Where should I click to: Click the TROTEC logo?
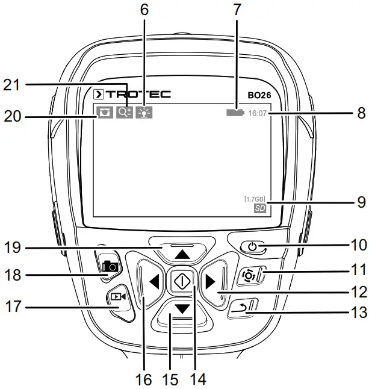pyautogui.click(x=132, y=95)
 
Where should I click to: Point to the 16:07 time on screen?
pyautogui.click(x=258, y=113)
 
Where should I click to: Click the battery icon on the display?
pyautogui.click(x=235, y=113)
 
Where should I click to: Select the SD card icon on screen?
pyautogui.click(x=259, y=208)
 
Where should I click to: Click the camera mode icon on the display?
pyautogui.click(x=104, y=112)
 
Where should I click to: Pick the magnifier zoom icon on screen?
pyautogui.click(x=125, y=112)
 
